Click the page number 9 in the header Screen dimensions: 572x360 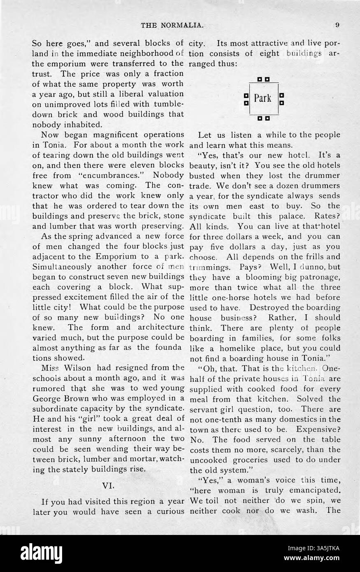337,25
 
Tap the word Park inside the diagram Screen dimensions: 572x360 262,98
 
